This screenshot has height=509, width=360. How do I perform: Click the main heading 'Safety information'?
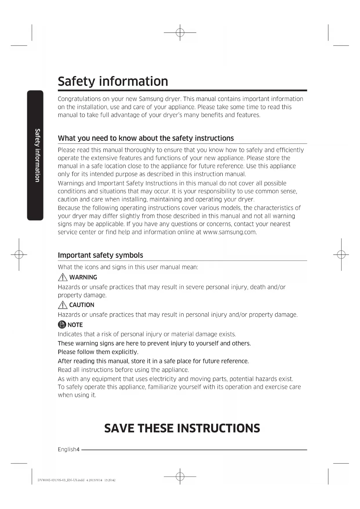(113, 81)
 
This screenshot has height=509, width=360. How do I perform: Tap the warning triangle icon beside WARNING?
(62, 277)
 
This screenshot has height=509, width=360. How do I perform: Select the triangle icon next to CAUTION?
(62, 305)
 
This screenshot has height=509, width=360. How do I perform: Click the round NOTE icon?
(62, 325)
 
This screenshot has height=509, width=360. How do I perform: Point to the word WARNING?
(83, 277)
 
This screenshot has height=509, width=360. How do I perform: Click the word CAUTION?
(82, 305)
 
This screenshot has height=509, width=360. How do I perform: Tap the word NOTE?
(75, 325)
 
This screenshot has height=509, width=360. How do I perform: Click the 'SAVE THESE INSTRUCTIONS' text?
(182, 428)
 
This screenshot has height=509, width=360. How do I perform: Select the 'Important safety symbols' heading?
(100, 255)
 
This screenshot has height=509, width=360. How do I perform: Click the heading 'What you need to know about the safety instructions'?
(146, 138)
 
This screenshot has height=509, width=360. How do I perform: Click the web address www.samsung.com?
(230, 232)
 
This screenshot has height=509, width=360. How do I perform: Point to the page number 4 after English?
(78, 450)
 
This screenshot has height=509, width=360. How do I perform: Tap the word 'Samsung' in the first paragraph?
(151, 99)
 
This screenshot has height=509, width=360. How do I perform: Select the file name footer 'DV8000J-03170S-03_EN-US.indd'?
(61, 480)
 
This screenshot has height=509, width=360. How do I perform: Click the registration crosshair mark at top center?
(180, 33)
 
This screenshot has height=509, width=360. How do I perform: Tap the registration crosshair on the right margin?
(341, 255)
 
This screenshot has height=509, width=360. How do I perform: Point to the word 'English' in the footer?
(67, 450)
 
